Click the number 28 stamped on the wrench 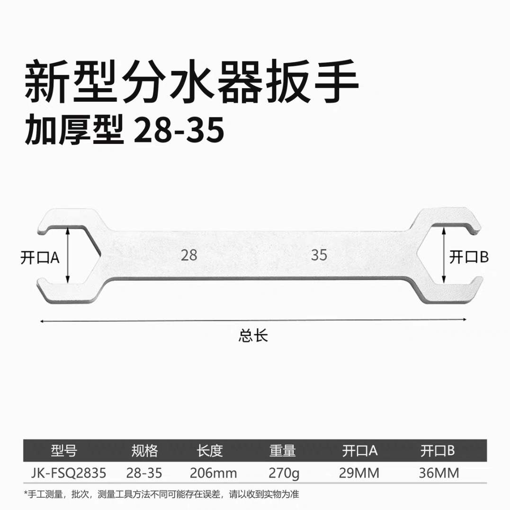click(189, 255)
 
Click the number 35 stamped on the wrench click(319, 255)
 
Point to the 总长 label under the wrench click(253, 336)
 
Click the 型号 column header click(63, 451)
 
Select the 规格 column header click(144, 451)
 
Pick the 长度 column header click(209, 451)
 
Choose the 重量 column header click(283, 451)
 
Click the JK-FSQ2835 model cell click(69, 473)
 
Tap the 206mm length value click(213, 473)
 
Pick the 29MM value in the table click(359, 473)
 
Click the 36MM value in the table click(439, 473)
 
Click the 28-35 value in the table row click(144, 473)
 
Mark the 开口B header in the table click(438, 451)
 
